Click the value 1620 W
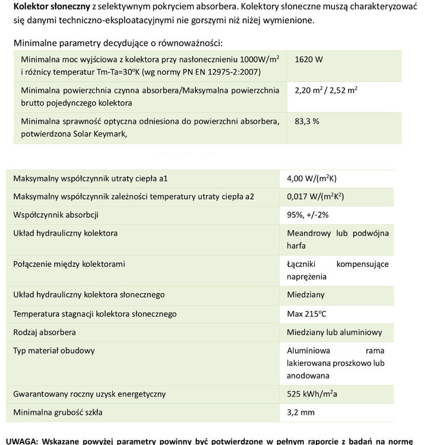tap(308, 60)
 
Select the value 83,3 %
tap(307, 121)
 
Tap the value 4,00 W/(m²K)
tap(311, 178)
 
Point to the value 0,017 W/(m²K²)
tap(315, 196)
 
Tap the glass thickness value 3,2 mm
tap(300, 412)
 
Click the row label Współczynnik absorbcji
tap(55, 214)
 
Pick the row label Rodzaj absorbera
tap(45, 332)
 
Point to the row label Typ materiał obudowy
tap(53, 350)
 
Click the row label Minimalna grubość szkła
tap(58, 412)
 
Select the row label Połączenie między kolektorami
tap(69, 263)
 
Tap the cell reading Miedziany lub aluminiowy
tap(334, 332)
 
